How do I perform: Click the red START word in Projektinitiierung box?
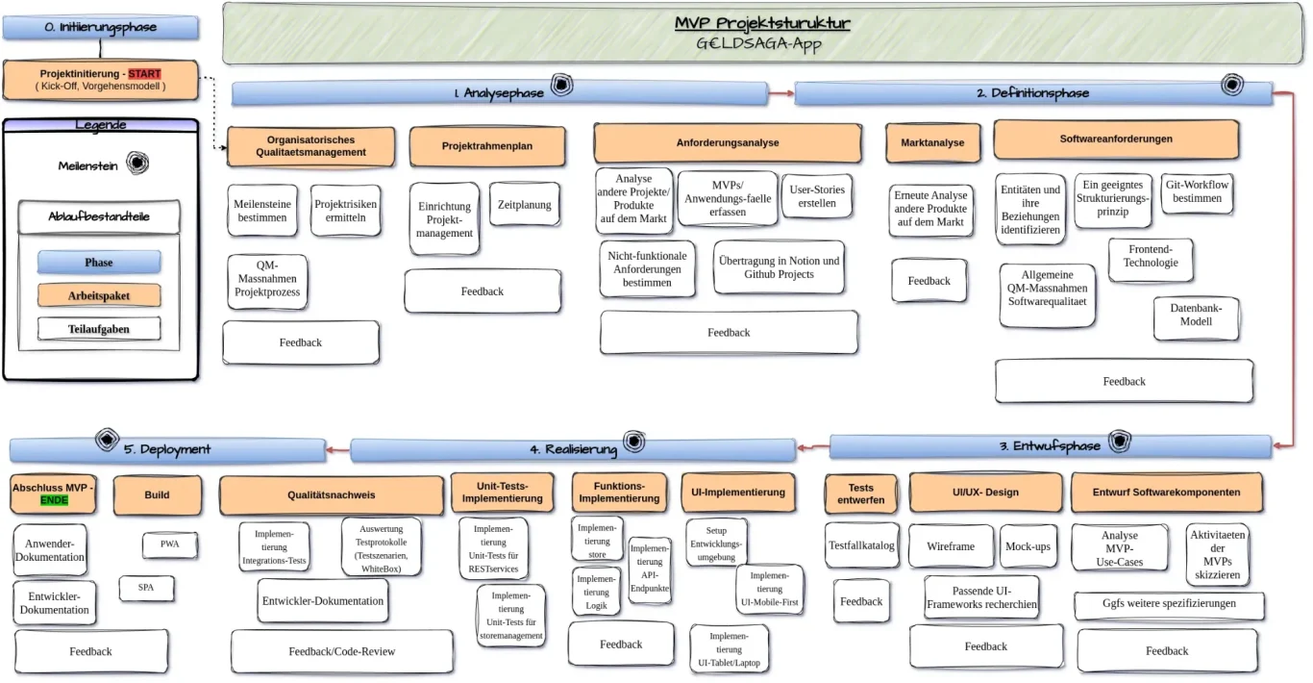[144, 73]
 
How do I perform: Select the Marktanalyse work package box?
[932, 142]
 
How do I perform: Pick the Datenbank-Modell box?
[1196, 316]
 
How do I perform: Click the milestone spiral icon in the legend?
[137, 164]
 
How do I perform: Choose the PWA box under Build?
[170, 544]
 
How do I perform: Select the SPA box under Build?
[146, 587]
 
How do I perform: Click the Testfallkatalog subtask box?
[861, 545]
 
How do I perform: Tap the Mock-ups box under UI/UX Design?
[1028, 545]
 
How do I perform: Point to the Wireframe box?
[951, 545]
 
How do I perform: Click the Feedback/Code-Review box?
[341, 651]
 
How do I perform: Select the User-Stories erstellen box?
[817, 196]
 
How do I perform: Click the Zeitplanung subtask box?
[525, 205]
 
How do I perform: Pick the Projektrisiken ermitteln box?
[346, 211]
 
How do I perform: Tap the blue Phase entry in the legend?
[98, 262]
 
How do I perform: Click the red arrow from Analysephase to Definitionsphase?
[780, 93]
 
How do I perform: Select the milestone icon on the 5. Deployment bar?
[108, 441]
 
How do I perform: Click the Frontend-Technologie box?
[1151, 256]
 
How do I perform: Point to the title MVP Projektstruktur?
[761, 23]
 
